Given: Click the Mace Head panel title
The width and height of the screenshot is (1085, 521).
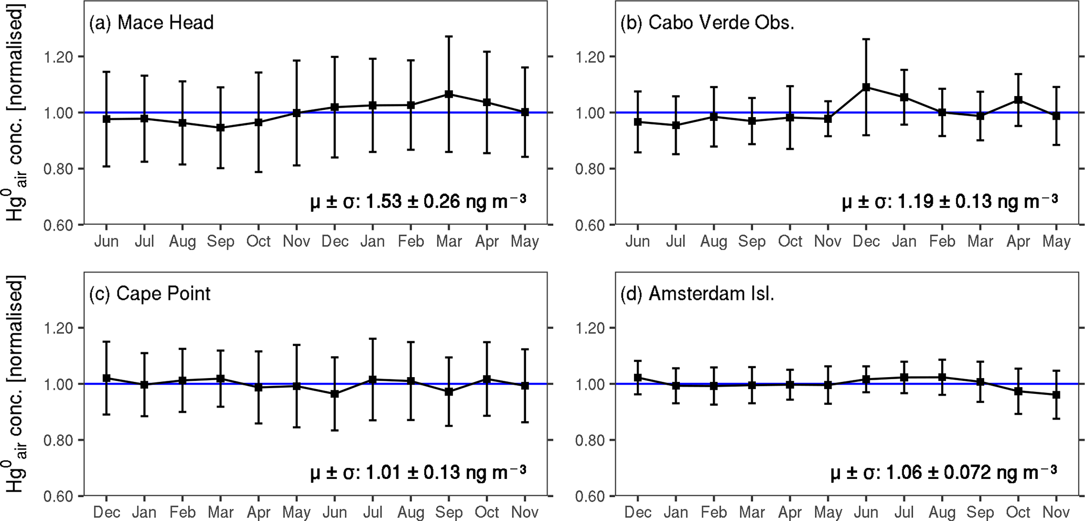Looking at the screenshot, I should [151, 23].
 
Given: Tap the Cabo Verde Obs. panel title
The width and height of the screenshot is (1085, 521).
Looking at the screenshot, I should [707, 23].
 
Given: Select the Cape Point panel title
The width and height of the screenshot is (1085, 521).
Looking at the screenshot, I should [150, 294].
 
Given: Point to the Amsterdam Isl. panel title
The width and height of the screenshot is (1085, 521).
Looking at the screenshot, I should [697, 294].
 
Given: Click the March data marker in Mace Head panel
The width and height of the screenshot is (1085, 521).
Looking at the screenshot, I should [449, 95].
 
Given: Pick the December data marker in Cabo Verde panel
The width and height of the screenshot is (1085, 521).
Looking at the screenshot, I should [866, 87].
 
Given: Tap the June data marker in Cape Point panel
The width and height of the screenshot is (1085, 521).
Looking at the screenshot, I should [335, 394].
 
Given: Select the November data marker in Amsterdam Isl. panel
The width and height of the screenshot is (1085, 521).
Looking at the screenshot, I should [1056, 395].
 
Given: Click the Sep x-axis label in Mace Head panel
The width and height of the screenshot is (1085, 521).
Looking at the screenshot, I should [220, 242].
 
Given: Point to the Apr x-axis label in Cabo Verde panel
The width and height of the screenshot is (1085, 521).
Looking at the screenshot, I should [1018, 242].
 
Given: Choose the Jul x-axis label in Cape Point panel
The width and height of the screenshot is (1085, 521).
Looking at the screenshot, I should [373, 513].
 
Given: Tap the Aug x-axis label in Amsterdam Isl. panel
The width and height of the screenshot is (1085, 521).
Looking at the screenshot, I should [942, 513].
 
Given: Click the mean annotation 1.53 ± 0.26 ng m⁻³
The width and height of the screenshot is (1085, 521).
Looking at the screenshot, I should [418, 202].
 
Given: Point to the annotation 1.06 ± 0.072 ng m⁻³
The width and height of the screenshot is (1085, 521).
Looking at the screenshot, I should [944, 473].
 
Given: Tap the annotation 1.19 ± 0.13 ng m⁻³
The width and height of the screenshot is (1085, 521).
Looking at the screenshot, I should [950, 202].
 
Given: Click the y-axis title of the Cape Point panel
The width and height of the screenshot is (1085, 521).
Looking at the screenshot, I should [16, 384].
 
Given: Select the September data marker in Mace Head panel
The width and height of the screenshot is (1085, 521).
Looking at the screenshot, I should [220, 128].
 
